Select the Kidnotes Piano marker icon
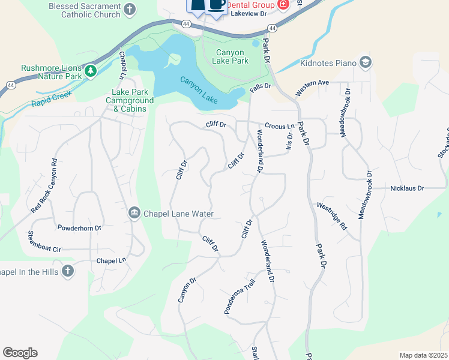coord(366,62)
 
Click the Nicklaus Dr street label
coord(407,188)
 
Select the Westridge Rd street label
coord(331,217)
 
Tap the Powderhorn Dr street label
coord(79,228)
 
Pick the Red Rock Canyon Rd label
coord(45,186)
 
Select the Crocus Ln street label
coord(280,127)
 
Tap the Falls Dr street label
coord(261,88)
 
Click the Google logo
coord(20,353)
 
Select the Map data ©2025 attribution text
coord(423,355)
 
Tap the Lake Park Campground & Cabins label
coord(129,101)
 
